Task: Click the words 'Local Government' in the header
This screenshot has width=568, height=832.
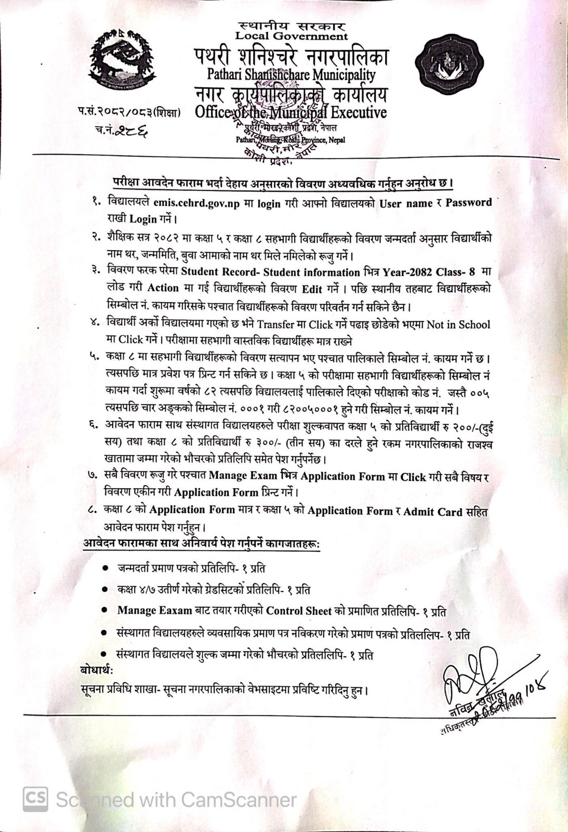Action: pyautogui.click(x=291, y=36)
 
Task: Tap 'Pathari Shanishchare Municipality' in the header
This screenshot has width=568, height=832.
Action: pyautogui.click(x=291, y=75)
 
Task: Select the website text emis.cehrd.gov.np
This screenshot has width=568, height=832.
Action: pyautogui.click(x=196, y=204)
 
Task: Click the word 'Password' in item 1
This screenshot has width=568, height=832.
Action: pyautogui.click(x=468, y=202)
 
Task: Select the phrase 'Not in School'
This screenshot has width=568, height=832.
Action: pyautogui.click(x=458, y=324)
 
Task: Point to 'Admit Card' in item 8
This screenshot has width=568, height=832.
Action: pyautogui.click(x=432, y=512)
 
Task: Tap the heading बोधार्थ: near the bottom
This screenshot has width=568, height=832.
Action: pyautogui.click(x=97, y=670)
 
